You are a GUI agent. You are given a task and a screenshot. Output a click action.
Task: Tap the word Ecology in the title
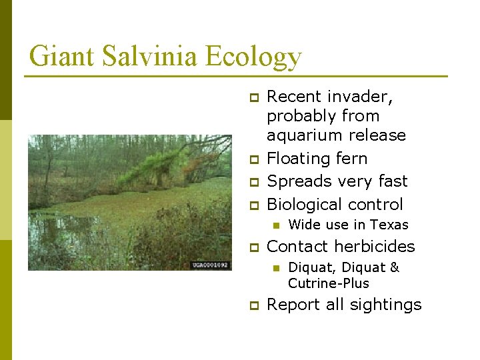[x=253, y=57]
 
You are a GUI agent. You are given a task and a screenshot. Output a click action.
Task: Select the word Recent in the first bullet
[x=295, y=97]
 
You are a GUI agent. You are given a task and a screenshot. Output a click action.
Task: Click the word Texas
[x=389, y=225]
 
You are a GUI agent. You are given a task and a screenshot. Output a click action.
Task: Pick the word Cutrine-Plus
[x=328, y=283]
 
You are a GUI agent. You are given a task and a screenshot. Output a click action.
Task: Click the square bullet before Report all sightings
[x=253, y=306]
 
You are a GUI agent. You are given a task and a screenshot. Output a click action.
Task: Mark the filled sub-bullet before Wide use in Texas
[x=275, y=225]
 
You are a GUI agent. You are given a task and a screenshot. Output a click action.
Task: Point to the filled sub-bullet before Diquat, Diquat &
[x=275, y=268]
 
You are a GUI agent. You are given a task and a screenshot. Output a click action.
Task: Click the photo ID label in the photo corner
[x=210, y=265]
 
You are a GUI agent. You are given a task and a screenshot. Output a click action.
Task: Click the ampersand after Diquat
[x=394, y=267]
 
